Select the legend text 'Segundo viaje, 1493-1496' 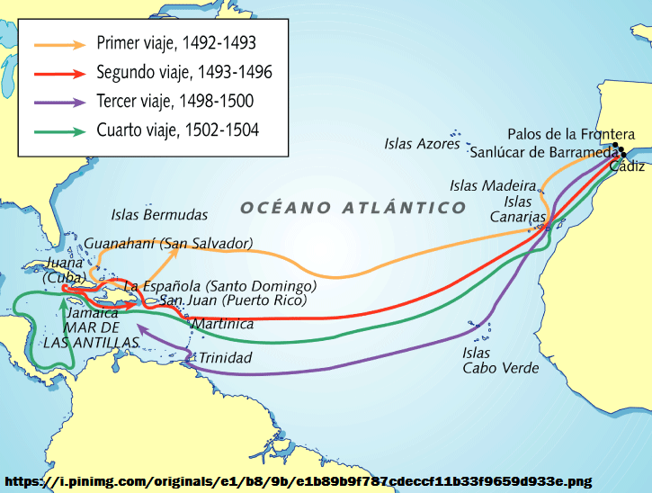pos(183,72)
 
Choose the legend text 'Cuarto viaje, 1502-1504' pos(177,130)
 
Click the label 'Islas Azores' pos(422,143)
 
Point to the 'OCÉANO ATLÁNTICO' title pos(353,208)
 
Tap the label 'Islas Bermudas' pos(159,215)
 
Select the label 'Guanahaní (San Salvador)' pos(168,244)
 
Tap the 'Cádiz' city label pos(627,167)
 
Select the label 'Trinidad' pos(226,358)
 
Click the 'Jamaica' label pos(92,313)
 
